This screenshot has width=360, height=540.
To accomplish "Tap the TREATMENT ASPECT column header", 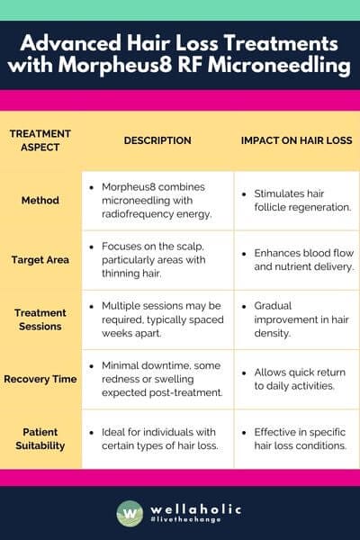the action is click(40, 140).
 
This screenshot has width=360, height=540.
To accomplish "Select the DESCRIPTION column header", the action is click(157, 140).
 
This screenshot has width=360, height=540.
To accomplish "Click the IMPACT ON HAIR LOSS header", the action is click(297, 140).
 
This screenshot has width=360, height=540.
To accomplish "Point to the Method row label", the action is click(40, 200).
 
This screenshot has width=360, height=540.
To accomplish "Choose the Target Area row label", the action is click(40, 260).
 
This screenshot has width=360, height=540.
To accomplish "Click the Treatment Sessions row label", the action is click(40, 319).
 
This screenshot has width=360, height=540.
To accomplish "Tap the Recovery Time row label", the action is click(40, 379).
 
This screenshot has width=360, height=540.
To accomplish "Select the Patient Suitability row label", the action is click(40, 437).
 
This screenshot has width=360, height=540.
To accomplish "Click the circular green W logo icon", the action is click(130, 514).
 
